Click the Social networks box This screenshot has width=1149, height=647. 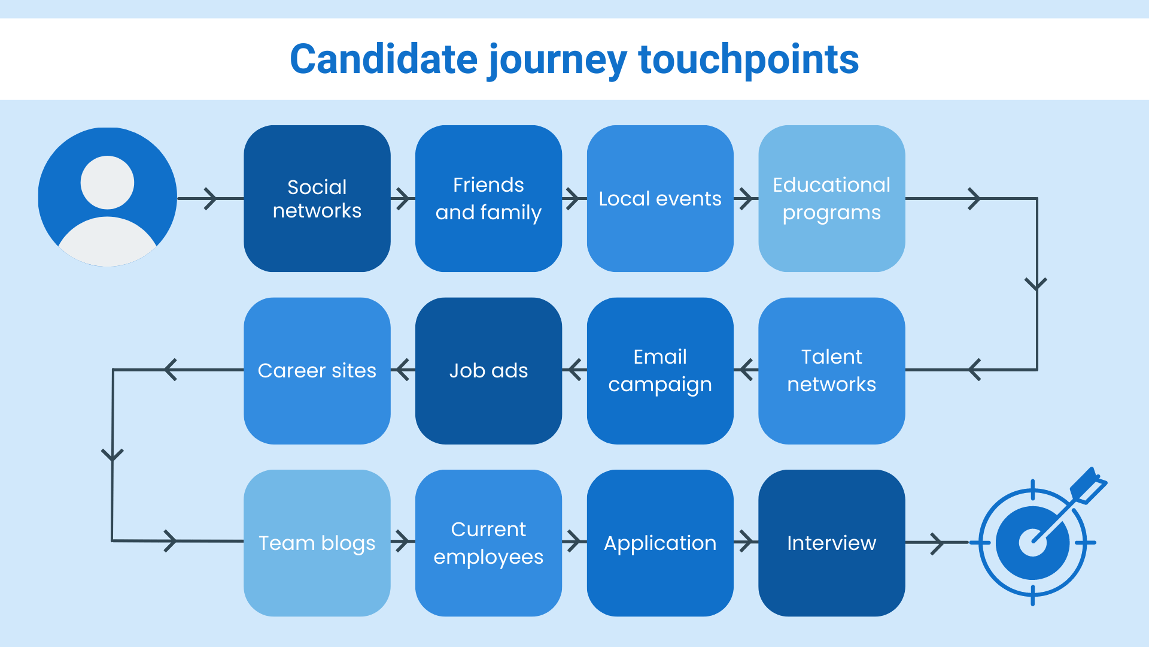pos(317,198)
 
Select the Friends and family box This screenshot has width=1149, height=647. pos(488,198)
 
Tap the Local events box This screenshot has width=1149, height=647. pos(659,198)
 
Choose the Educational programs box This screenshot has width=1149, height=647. pos(831,198)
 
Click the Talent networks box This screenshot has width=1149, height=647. pos(831,370)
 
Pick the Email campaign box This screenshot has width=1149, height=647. pos(659,370)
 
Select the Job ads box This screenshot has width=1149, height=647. pos(488,370)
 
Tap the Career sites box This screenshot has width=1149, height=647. pos(317,370)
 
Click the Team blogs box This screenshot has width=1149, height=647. pos(317,543)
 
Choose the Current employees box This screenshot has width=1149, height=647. pos(488,543)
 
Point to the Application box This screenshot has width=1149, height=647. pos(659,543)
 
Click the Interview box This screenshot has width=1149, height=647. pos(831,543)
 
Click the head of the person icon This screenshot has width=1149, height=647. pos(107,183)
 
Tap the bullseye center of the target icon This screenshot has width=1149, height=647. pos(1032,543)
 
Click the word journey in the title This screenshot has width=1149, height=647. pos(558,59)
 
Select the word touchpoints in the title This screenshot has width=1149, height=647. pos(748,59)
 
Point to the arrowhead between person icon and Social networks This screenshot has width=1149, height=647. pos(211,198)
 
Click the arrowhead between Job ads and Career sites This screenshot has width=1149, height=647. pos(403,370)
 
